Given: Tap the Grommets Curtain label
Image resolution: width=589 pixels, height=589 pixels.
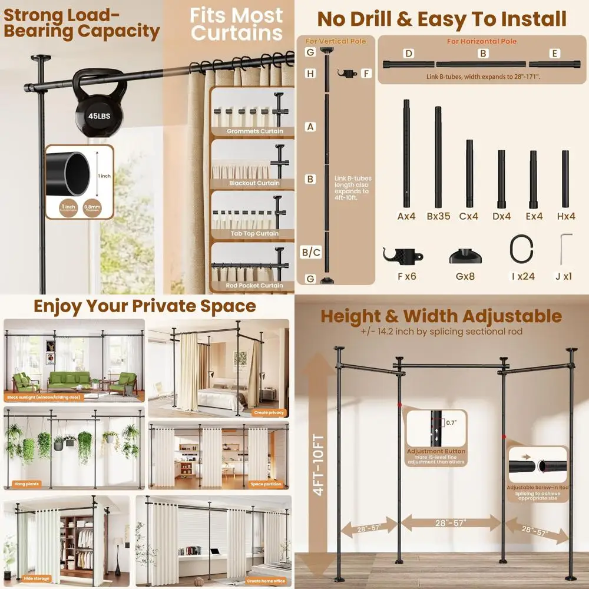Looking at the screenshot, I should [254, 131].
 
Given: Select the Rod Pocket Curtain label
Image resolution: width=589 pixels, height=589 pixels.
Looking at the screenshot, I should [254, 286].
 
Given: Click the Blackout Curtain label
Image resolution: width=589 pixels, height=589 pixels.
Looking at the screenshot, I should [254, 183].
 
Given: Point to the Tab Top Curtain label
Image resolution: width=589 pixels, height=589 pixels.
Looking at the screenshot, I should [254, 234].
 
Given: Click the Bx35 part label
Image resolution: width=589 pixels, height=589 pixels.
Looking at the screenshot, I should [438, 216].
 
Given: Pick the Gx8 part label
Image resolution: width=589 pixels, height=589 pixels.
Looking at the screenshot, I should [466, 275].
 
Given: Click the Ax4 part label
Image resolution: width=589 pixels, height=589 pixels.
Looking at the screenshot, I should [406, 216].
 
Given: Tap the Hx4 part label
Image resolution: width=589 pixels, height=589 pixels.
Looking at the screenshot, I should [565, 216].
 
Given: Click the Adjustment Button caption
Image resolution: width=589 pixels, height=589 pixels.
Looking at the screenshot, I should [436, 451].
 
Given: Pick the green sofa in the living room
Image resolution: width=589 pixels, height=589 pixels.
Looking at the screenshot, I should [70, 382].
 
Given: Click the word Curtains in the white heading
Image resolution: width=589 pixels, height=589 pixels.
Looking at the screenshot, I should [237, 34].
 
